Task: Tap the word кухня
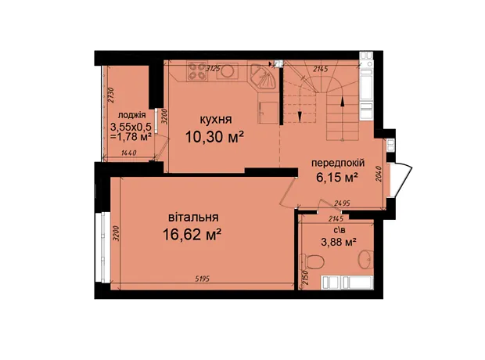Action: pos(216,120)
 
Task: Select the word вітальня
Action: pos(193,218)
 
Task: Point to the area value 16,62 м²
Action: pos(192,235)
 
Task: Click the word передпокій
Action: pos(338,163)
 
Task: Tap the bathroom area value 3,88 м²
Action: pos(337,242)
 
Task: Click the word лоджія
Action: pos(131,115)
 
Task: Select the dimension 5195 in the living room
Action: pos(203,279)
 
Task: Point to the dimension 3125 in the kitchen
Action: pos(213,68)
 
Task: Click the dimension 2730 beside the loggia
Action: pos(111,95)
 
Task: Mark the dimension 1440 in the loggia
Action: pos(129,153)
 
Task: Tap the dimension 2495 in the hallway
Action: pos(343,203)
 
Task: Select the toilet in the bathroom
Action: pos(312,262)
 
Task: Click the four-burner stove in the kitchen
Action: pos(197,71)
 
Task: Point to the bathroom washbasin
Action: pos(366,259)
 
